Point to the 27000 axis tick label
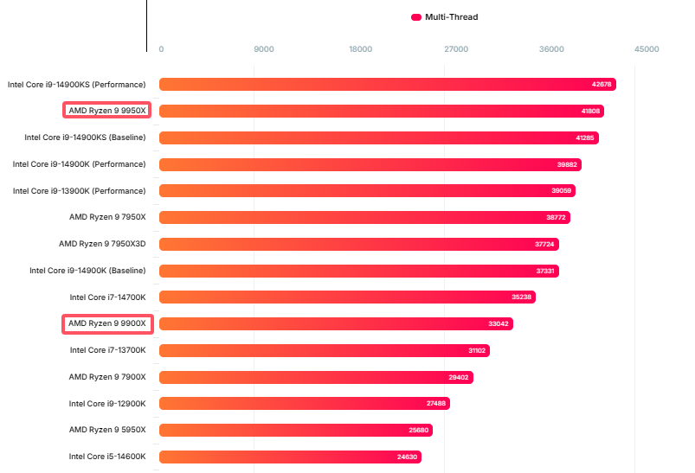(456, 48)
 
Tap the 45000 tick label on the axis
(647, 48)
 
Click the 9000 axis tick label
(264, 48)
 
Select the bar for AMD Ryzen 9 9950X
(381, 111)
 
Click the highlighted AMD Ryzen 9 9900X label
(107, 323)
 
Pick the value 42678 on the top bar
(602, 85)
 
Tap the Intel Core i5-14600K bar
(290, 457)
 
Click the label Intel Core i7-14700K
(108, 297)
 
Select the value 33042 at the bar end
(499, 324)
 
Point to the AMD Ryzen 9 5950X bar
(295, 430)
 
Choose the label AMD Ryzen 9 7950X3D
(102, 244)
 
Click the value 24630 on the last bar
(408, 457)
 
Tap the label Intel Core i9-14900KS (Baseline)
(85, 137)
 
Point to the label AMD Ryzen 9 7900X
(107, 377)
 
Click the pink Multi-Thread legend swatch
(416, 16)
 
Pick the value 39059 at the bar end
(563, 191)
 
